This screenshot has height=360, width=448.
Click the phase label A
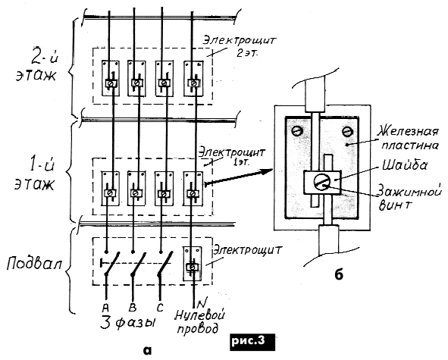(x=105, y=308)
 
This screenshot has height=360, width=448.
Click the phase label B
(x=133, y=308)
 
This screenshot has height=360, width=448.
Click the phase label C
(x=160, y=308)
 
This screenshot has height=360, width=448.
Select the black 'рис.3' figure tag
(x=252, y=342)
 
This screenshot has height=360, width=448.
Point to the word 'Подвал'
(x=34, y=263)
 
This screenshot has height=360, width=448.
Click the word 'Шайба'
(x=405, y=166)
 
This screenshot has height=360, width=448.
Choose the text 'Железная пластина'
(x=409, y=139)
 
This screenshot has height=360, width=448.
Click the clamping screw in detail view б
(x=322, y=182)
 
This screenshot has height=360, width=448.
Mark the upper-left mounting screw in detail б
(x=297, y=131)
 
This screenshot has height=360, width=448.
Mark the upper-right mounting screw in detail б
(x=347, y=131)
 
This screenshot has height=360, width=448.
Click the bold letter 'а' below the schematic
(x=148, y=350)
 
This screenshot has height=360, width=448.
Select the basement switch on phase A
(x=110, y=264)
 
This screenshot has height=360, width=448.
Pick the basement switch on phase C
(x=164, y=264)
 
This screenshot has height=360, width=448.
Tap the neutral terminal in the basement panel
(x=193, y=264)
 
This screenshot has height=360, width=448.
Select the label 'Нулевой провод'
(x=199, y=322)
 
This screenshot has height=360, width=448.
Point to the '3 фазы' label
(x=129, y=324)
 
